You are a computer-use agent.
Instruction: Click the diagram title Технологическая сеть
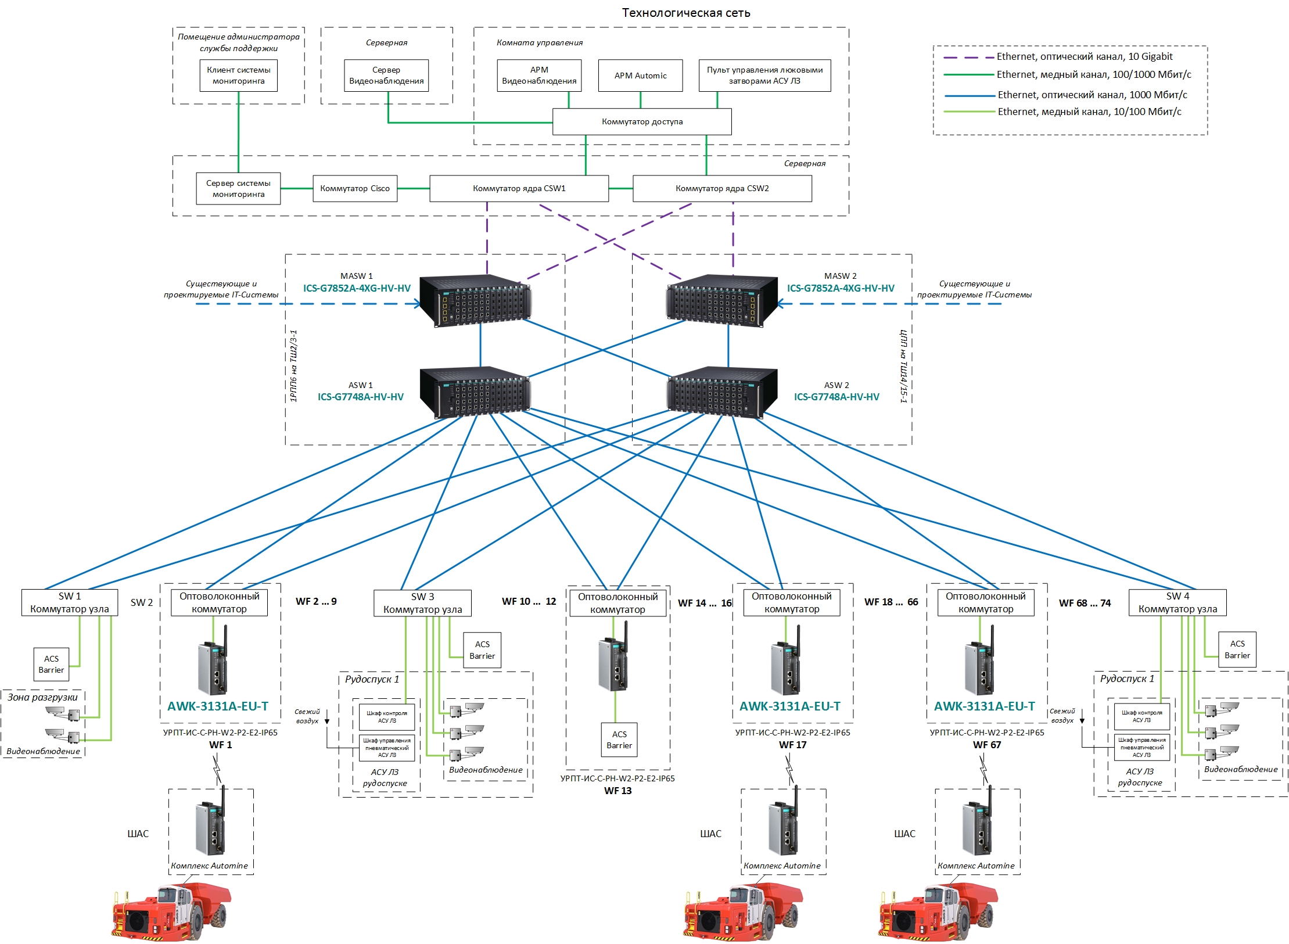click(x=685, y=13)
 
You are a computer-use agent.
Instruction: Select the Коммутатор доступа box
click(x=641, y=122)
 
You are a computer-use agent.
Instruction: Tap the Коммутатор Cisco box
click(x=354, y=189)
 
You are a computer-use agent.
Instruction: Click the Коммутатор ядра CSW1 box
click(x=519, y=189)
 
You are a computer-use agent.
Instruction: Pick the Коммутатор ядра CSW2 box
click(x=721, y=189)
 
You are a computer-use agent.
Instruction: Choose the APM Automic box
click(x=640, y=76)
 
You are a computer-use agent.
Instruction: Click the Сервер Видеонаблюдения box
click(x=386, y=76)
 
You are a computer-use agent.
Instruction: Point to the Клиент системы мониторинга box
click(x=238, y=76)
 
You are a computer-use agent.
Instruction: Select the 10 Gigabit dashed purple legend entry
click(x=1057, y=57)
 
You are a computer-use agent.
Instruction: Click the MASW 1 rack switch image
click(x=475, y=300)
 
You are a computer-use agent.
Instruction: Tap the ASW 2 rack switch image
click(x=722, y=392)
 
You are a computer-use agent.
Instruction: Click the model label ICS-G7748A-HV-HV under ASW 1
click(x=360, y=397)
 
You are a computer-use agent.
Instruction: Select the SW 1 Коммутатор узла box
click(x=69, y=603)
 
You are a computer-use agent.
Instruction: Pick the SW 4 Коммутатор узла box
click(x=1177, y=603)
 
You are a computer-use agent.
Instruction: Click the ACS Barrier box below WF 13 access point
click(x=619, y=740)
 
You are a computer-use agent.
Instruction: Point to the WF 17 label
click(x=792, y=745)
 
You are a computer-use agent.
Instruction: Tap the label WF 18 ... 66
click(x=891, y=602)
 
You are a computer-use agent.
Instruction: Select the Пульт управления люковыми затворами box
click(x=764, y=76)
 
